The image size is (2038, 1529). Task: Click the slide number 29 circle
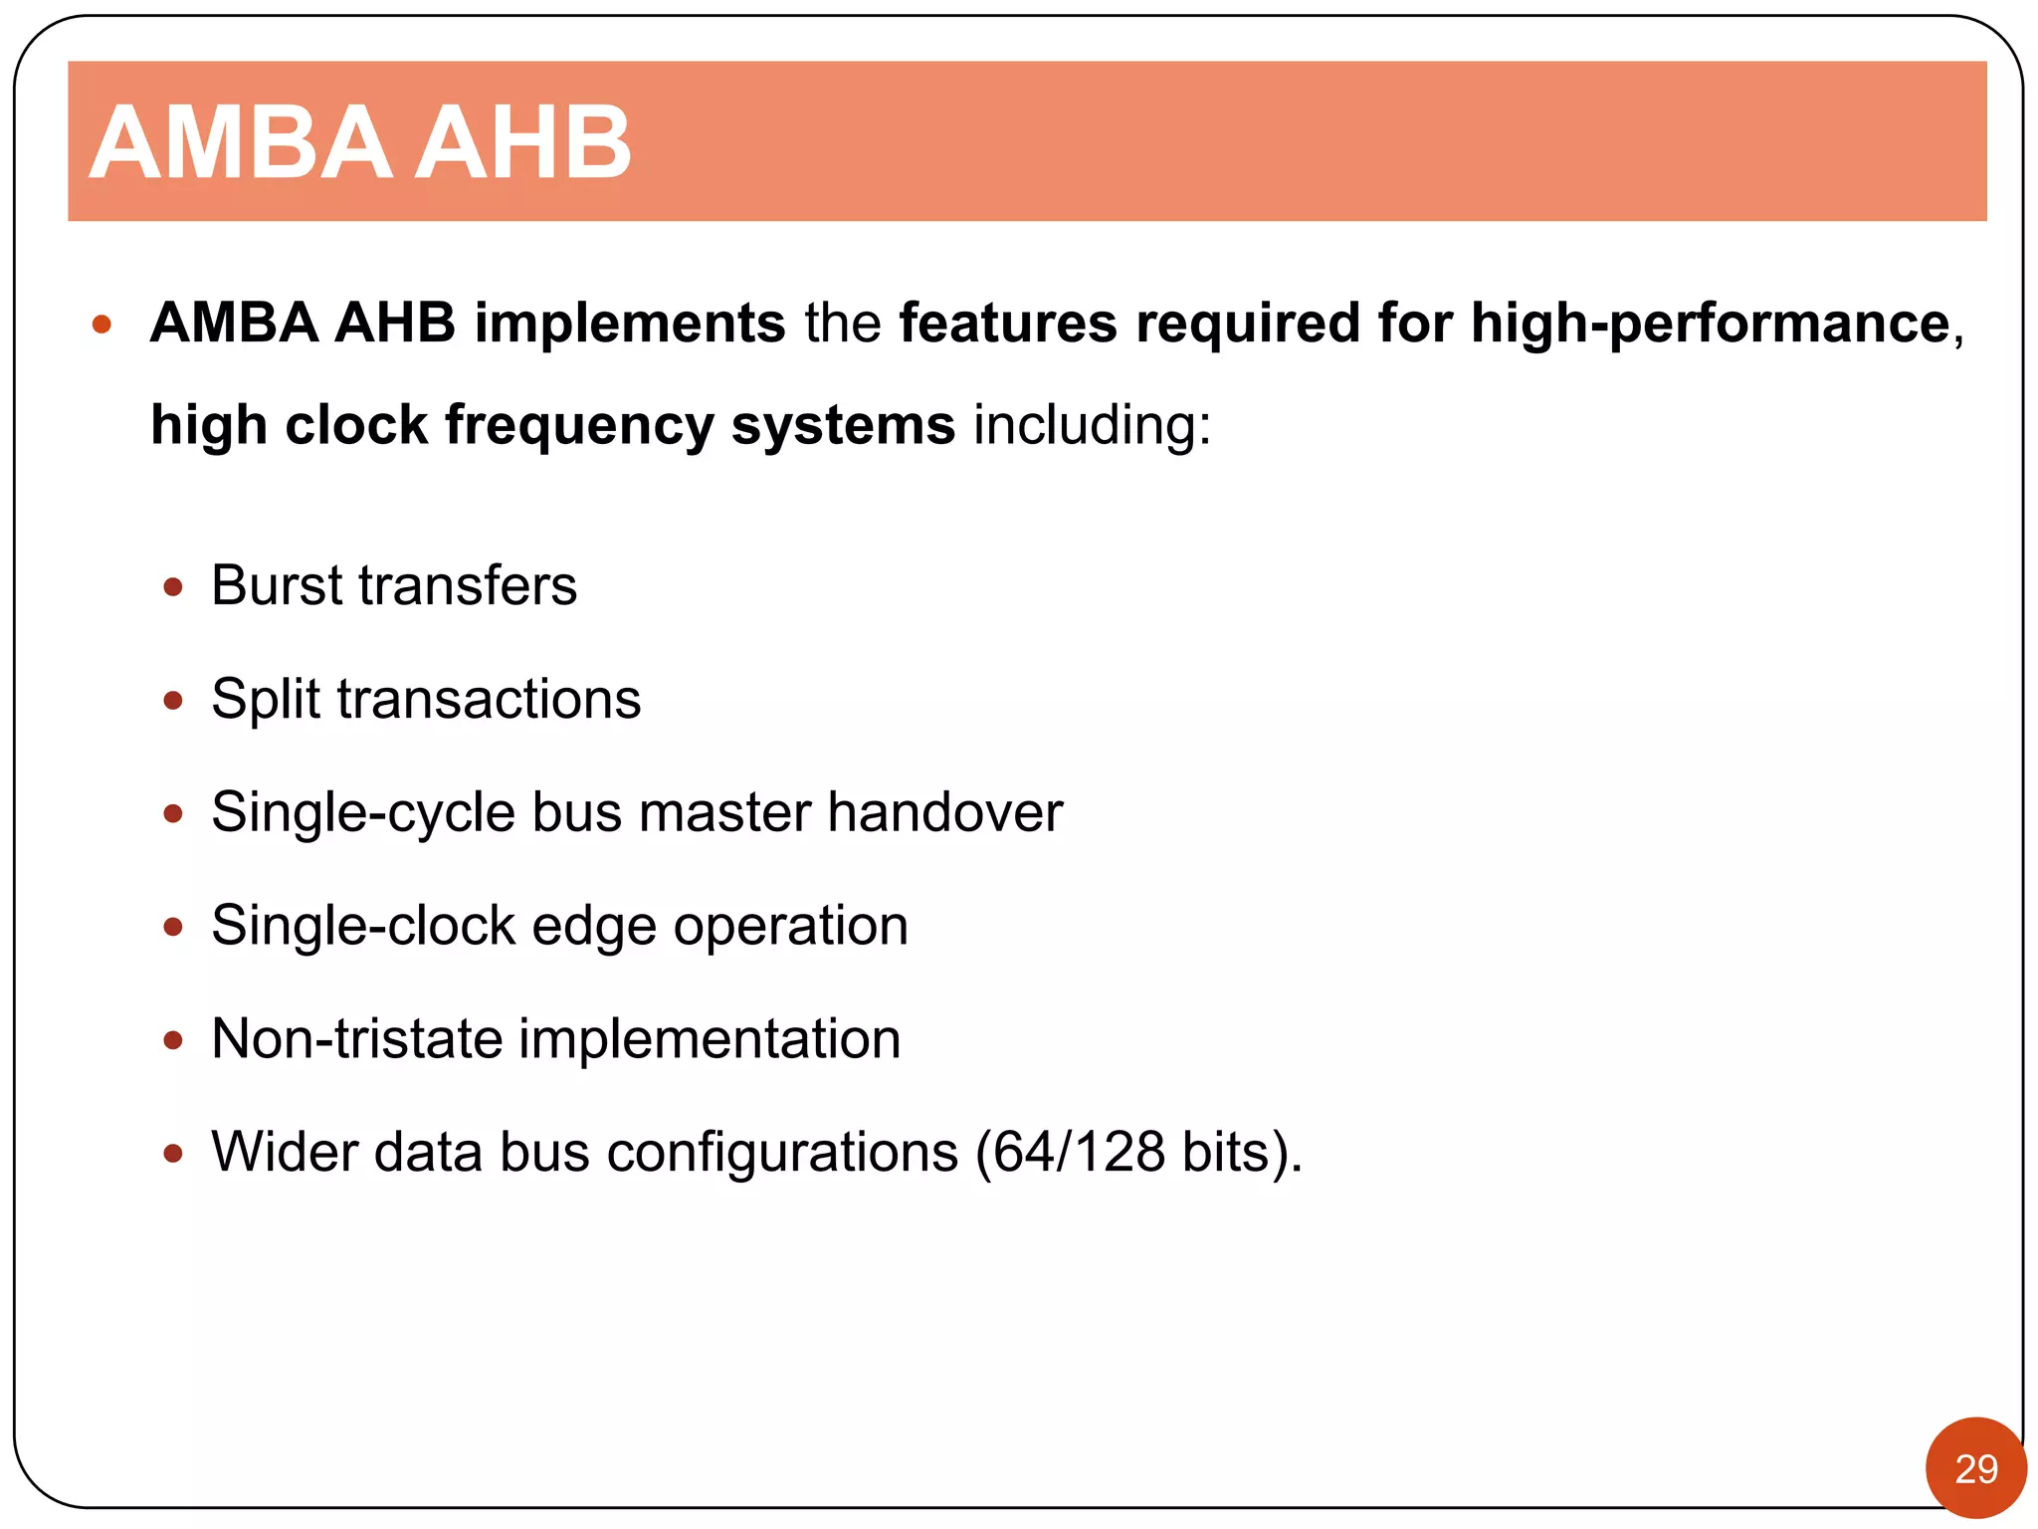1975,1467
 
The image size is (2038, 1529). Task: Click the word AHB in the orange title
522,143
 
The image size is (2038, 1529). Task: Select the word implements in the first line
629,324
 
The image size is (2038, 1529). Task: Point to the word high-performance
1710,324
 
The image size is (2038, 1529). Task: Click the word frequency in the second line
579,425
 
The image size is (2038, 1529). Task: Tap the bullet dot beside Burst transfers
173,587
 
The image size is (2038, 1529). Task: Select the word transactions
489,699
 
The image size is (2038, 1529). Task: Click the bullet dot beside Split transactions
173,701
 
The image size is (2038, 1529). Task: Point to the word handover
945,812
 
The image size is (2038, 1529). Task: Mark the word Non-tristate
357,1039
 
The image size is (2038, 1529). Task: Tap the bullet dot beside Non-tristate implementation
173,1041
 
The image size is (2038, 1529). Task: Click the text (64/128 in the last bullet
1070,1153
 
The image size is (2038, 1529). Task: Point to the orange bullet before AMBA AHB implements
101,325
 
